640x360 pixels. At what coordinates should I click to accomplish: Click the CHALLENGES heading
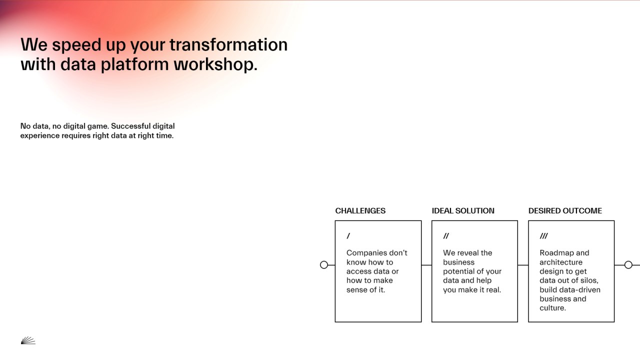point(360,210)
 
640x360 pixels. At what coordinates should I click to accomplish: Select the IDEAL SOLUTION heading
point(463,210)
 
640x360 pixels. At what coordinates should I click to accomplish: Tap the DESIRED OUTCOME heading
point(565,210)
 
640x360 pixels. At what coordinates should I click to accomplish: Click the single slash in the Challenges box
point(348,236)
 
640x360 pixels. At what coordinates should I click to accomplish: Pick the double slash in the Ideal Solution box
point(446,236)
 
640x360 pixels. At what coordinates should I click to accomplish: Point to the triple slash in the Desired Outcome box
point(543,236)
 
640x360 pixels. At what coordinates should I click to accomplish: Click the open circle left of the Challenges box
point(324,265)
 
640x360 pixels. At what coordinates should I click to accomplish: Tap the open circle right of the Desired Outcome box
point(628,265)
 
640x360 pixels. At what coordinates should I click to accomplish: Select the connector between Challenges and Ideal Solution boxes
point(426,265)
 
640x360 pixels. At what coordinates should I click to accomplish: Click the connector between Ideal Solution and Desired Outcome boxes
point(523,265)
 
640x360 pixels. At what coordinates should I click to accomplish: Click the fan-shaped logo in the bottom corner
point(28,340)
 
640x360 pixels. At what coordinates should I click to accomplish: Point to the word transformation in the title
point(228,44)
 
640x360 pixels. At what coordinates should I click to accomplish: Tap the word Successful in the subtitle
point(130,126)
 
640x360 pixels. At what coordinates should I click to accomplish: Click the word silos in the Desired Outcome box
point(587,280)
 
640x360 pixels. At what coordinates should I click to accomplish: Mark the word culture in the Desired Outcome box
point(552,308)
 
